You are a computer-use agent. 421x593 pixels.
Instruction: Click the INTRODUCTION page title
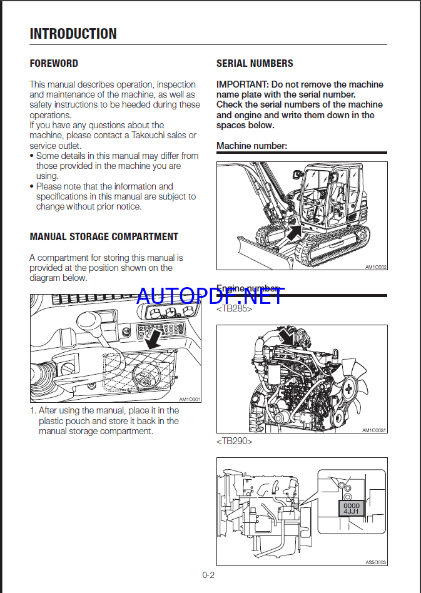pos(73,34)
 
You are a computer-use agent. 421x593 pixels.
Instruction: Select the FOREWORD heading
pos(54,63)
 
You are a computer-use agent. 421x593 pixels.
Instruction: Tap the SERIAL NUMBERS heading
pos(255,63)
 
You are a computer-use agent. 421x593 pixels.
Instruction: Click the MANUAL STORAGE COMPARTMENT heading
pos(104,236)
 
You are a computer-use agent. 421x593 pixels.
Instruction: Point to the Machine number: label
pos(251,146)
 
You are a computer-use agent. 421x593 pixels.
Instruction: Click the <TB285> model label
pos(235,309)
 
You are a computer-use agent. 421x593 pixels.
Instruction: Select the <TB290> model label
pos(235,441)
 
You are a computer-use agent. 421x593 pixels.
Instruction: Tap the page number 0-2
pos(208,575)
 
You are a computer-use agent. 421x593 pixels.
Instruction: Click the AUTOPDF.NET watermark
pos(210,295)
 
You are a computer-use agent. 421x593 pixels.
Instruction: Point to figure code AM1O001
pos(189,399)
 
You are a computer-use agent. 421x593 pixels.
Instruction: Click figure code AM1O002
pos(376,267)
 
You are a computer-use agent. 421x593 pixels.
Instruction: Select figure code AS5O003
pos(376,562)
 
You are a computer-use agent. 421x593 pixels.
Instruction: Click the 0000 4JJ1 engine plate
pos(352,507)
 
